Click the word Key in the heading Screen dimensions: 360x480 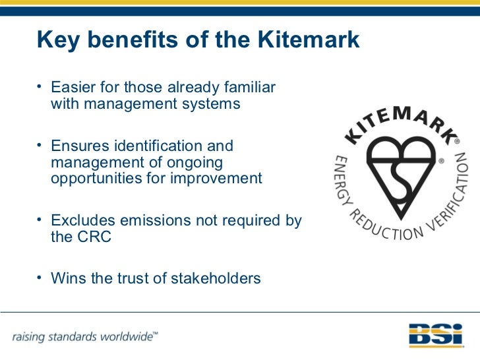(x=57, y=40)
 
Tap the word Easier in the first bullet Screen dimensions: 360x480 (x=73, y=88)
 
